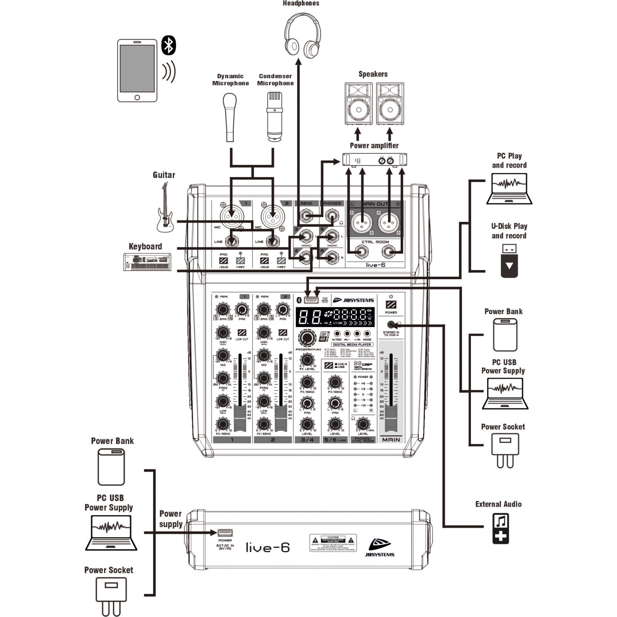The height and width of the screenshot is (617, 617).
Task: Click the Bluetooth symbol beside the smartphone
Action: click(168, 45)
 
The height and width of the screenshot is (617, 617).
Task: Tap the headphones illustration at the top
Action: click(302, 35)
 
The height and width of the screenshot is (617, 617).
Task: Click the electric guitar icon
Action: click(165, 208)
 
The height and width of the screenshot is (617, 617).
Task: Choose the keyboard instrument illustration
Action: click(147, 262)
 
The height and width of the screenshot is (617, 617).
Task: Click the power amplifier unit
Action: click(374, 160)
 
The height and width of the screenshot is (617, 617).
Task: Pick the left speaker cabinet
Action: click(358, 103)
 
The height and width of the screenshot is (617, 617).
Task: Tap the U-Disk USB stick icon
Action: click(509, 261)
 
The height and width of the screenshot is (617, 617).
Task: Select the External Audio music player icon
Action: click(501, 528)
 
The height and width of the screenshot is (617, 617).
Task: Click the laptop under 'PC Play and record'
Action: click(509, 189)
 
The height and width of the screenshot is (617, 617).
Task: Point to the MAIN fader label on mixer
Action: click(391, 440)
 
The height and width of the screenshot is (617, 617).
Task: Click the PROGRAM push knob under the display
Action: click(307, 338)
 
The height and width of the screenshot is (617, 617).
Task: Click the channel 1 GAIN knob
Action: click(222, 309)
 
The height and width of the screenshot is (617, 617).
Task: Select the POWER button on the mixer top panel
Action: click(391, 305)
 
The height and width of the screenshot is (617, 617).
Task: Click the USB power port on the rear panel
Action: click(225, 533)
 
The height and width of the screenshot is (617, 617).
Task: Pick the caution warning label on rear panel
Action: click(333, 543)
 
